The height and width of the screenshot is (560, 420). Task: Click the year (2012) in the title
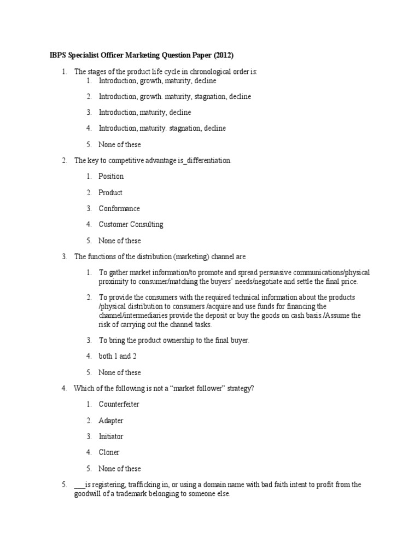[224, 56]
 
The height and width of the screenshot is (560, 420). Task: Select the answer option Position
[111, 177]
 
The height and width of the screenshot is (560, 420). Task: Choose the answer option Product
[110, 192]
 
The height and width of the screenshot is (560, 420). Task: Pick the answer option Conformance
[119, 208]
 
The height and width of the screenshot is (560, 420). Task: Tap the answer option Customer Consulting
[131, 224]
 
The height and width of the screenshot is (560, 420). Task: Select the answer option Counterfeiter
[119, 405]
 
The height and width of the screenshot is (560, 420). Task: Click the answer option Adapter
[111, 421]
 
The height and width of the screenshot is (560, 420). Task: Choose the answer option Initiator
[111, 436]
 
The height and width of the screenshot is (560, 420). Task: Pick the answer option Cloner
[109, 452]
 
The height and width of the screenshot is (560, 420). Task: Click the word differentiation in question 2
[206, 161]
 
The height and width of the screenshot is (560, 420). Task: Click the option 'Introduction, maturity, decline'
[145, 113]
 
